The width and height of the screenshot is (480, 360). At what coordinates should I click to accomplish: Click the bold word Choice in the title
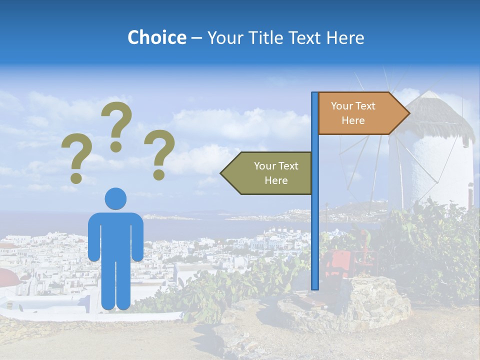(156, 37)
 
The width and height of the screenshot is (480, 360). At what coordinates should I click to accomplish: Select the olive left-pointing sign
(270, 173)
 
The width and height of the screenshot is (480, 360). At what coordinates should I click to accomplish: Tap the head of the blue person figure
(115, 198)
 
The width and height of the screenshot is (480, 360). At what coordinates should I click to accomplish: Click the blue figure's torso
(115, 235)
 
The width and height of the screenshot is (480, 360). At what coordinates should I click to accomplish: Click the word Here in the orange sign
(353, 120)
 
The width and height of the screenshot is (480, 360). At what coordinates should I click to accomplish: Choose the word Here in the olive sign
(276, 180)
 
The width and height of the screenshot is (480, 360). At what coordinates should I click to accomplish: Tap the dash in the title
(196, 38)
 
